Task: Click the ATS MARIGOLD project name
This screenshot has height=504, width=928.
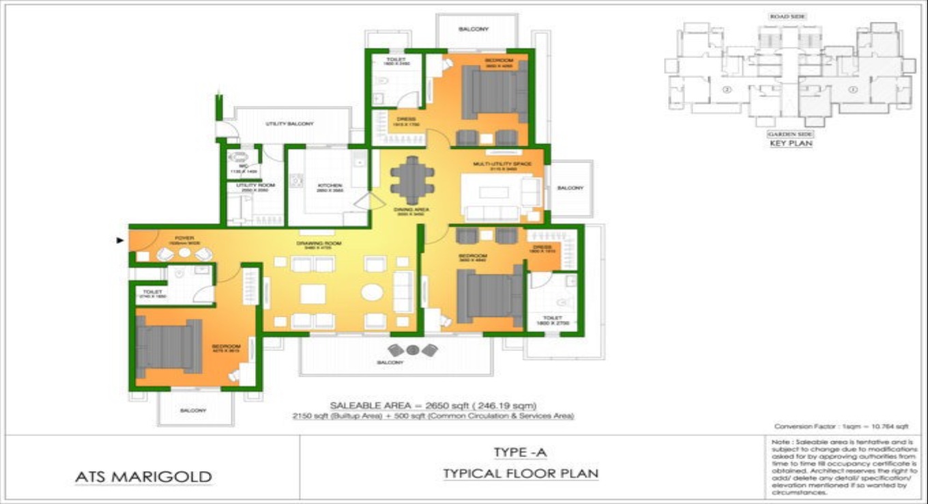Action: [x=143, y=477]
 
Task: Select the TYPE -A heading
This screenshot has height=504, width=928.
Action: [x=520, y=452]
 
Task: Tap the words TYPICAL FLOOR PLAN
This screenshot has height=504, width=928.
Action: [x=520, y=473]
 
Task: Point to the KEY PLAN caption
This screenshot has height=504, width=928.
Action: [x=790, y=144]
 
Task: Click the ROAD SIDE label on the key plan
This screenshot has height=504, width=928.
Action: [x=789, y=16]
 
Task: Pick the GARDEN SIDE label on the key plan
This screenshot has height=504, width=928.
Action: [x=790, y=135]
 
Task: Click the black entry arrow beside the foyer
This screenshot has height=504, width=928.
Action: [x=121, y=240]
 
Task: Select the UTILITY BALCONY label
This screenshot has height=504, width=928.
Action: [x=289, y=124]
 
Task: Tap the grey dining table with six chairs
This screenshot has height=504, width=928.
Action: [x=411, y=180]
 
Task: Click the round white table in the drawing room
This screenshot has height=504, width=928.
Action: [x=373, y=292]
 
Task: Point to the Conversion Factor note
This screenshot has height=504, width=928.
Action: [x=841, y=425]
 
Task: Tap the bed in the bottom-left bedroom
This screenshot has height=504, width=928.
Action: [x=169, y=346]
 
